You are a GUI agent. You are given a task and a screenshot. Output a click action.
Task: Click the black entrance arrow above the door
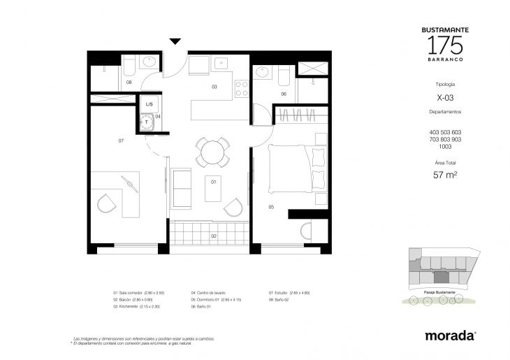click(x=175, y=43)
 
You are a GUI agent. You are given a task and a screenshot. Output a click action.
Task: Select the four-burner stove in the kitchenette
click(x=242, y=89)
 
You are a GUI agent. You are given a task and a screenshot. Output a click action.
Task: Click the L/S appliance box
click(x=149, y=105)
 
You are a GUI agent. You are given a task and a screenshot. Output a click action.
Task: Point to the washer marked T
click(x=147, y=122)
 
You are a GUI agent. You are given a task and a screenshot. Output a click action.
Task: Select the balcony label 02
click(x=214, y=236)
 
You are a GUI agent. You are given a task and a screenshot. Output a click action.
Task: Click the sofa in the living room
click(x=181, y=187)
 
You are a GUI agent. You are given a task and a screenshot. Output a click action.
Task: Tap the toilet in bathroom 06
click(x=284, y=74)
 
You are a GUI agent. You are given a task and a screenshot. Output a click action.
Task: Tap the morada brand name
click(x=450, y=336)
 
